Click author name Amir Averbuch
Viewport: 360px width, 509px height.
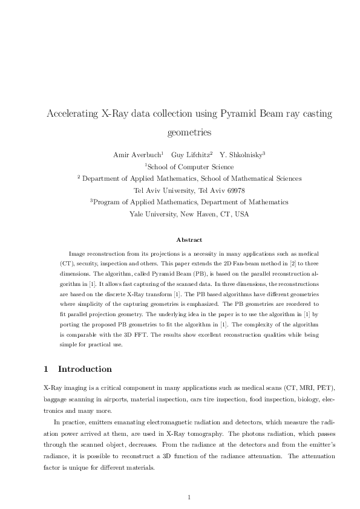pyautogui.click(x=134, y=155)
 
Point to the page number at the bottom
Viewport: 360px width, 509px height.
pyautogui.click(x=189, y=498)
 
